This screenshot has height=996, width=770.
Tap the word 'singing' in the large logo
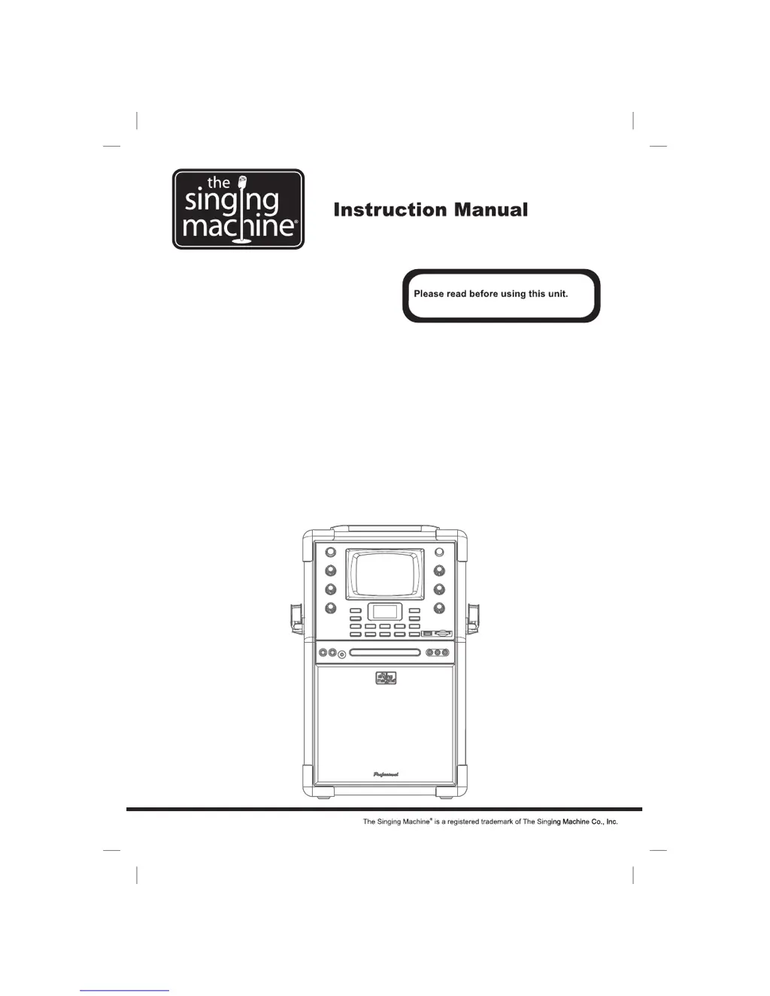tap(232, 201)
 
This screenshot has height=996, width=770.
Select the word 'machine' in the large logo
tap(238, 226)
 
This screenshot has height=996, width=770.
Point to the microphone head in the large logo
tap(242, 181)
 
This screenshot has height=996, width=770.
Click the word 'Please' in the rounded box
tap(429, 294)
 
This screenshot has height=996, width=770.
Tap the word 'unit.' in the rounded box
tap(557, 294)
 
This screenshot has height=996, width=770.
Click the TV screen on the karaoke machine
tap(385, 575)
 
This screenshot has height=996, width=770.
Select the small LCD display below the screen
tap(385, 611)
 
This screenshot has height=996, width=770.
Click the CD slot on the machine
tap(385, 652)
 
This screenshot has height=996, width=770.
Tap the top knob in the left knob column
tap(330, 552)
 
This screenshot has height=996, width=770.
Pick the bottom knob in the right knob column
tap(440, 607)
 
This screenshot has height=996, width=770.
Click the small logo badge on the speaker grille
tap(386, 678)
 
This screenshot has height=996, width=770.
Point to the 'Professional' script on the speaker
tap(386, 774)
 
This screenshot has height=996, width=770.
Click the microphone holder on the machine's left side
tap(296, 618)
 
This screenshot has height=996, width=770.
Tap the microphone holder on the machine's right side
tap(474, 618)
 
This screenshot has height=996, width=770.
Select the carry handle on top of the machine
tap(385, 527)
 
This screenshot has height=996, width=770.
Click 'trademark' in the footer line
tap(496, 822)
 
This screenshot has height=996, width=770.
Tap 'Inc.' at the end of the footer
tap(612, 822)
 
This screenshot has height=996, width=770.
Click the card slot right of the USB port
tap(443, 634)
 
